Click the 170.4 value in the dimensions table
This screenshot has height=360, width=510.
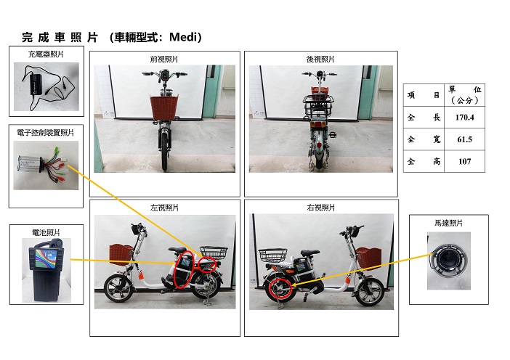coord(464,118)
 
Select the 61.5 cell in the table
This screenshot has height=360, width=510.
coord(464,139)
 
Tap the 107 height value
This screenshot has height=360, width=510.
coord(464,161)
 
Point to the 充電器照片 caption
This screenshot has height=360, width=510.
coord(46,54)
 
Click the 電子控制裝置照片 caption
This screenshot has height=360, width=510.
coord(46,133)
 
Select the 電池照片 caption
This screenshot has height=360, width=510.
coord(46,233)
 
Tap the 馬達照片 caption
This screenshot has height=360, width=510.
coord(448,223)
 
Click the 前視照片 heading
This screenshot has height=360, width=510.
coord(164,59)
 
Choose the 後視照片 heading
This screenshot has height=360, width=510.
coord(320,59)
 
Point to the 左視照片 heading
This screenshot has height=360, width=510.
coord(164,208)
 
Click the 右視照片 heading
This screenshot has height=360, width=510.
coord(320,208)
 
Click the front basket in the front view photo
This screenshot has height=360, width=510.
coord(164,107)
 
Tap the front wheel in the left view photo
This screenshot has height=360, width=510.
coord(118,288)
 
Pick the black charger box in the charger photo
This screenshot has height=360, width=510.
coord(36,84)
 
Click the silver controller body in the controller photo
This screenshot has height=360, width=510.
coord(30,164)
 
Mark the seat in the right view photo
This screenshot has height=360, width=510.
coord(310,253)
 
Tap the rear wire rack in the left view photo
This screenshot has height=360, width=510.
coord(214,253)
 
